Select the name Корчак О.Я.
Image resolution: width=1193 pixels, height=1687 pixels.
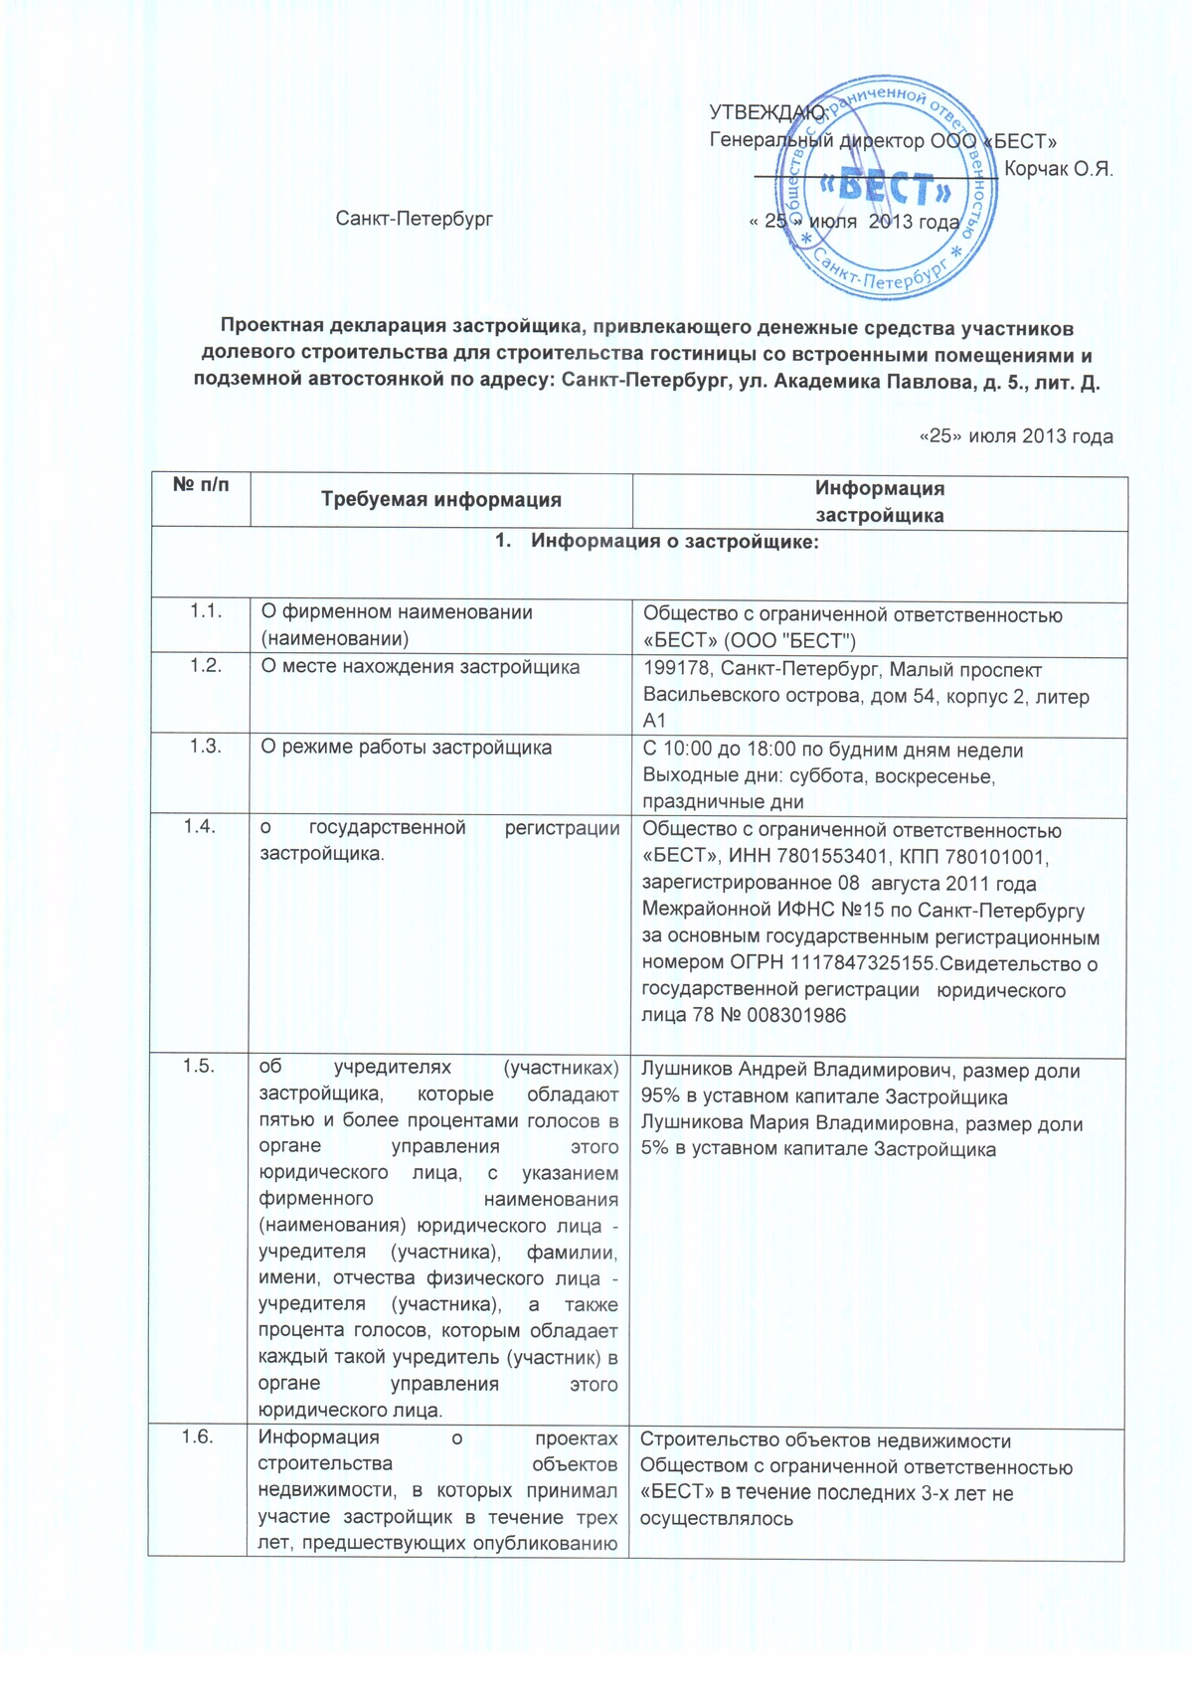pos(1058,168)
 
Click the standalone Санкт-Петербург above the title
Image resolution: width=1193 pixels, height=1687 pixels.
pos(415,218)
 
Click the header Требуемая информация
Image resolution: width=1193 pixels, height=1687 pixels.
pos(440,500)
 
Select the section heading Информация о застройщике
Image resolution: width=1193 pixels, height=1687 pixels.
pos(674,542)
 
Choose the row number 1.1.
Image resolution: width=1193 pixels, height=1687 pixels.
pos(206,611)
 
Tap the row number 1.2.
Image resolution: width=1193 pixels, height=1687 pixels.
pos(206,666)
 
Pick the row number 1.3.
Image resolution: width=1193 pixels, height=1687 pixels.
pos(206,747)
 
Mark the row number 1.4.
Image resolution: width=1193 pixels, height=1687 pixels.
pos(206,827)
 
